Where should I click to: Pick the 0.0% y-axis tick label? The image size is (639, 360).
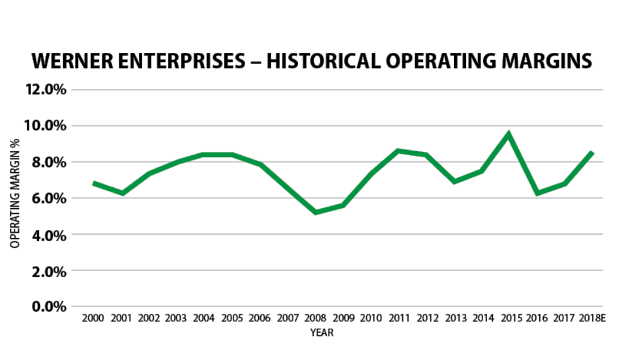tap(48, 307)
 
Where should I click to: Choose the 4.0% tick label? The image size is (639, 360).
tap(48, 235)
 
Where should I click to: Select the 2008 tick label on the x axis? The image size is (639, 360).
tap(315, 318)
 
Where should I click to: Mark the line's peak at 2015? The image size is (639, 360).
tap(509, 134)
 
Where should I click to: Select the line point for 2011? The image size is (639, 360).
tap(398, 151)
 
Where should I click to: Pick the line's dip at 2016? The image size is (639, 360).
tap(537, 193)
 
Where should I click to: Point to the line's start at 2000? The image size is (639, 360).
tap(95, 183)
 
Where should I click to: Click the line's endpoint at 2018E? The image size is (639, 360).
tap(591, 153)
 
